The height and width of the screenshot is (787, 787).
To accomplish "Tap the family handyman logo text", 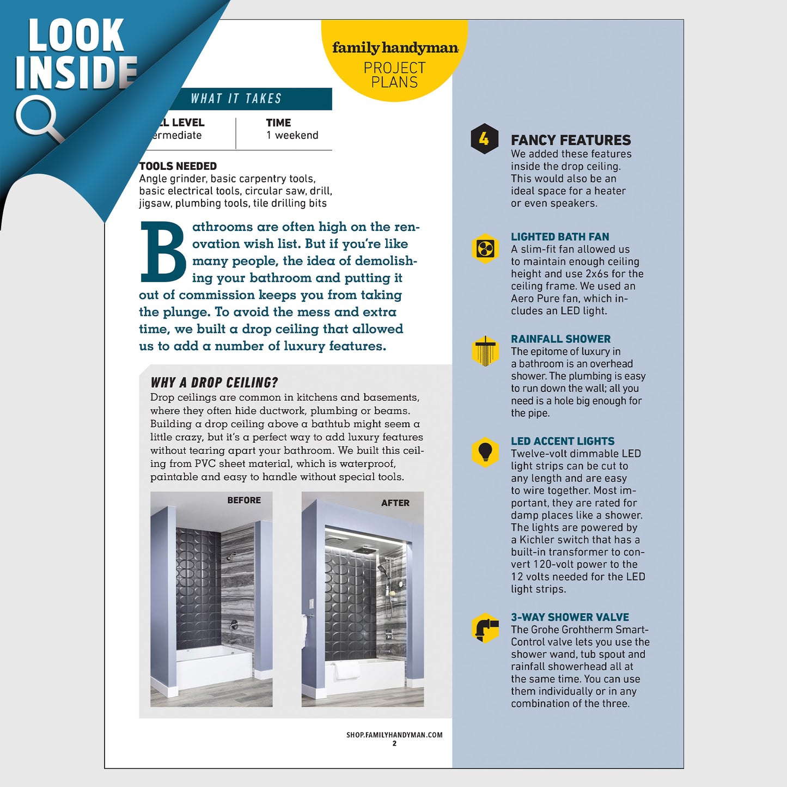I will click(395, 48).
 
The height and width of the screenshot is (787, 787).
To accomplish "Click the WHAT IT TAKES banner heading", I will click(236, 99).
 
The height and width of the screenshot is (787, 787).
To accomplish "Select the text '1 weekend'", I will click(292, 135).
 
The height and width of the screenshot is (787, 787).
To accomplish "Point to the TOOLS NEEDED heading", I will click(178, 166).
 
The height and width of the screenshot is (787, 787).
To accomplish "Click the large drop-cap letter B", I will click(163, 252).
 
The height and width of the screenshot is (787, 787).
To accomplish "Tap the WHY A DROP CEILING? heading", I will click(214, 382).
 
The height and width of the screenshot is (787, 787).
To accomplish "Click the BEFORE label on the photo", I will click(244, 500).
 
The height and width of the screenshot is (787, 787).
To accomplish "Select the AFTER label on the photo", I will click(395, 503).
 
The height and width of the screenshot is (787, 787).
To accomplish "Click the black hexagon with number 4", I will click(484, 139).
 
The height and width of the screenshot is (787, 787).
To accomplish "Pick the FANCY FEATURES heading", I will click(571, 140).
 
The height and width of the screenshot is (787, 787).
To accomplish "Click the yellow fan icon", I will click(485, 249).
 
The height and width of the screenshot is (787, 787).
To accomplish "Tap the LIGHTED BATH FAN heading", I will click(560, 237).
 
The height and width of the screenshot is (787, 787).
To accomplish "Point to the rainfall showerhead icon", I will click(485, 351).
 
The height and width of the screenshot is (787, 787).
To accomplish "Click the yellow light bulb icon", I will click(485, 452).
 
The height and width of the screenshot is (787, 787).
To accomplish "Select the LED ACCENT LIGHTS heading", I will click(563, 441).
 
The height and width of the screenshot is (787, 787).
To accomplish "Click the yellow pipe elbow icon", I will click(485, 627).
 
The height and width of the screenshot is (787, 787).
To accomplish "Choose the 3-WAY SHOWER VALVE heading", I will click(570, 617).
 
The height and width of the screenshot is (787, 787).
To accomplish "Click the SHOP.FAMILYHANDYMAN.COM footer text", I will click(394, 735).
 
